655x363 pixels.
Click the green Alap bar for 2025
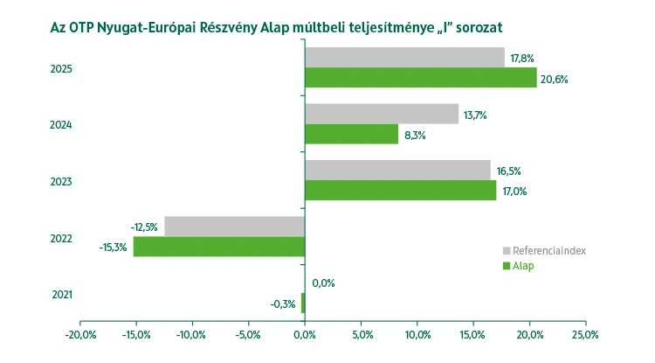click(x=421, y=78)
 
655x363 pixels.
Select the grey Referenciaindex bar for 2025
click(x=405, y=58)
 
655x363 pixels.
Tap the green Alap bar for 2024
click(x=352, y=134)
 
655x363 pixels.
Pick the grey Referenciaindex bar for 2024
click(x=382, y=114)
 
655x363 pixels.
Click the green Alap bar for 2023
click(x=401, y=191)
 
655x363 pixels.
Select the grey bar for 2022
click(x=235, y=227)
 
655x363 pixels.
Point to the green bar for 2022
click(x=219, y=247)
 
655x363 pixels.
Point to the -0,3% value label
click(x=283, y=304)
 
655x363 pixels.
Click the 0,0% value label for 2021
click(x=323, y=283)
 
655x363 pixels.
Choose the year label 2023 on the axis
click(x=61, y=182)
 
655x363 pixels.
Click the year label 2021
click(x=61, y=295)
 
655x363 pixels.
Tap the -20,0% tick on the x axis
click(x=79, y=335)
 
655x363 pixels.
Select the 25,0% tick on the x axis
click(x=585, y=335)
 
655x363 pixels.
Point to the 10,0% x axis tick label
click(x=417, y=335)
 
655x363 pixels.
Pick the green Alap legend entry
click(x=522, y=266)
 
